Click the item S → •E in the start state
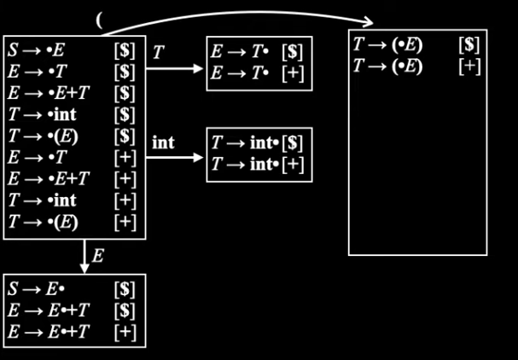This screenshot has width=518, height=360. (x=36, y=51)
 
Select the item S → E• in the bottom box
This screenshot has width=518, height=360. (x=36, y=289)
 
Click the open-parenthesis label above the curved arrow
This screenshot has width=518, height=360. (x=99, y=20)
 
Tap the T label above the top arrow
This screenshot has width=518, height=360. (x=159, y=52)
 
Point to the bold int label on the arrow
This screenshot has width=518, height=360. (x=163, y=142)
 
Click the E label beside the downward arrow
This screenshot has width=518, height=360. (x=98, y=256)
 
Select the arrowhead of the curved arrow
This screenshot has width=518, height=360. (x=368, y=22)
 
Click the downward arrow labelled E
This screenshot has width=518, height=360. (x=84, y=257)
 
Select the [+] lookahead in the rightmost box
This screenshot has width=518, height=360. (x=469, y=67)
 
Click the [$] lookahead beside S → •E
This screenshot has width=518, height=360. (x=125, y=51)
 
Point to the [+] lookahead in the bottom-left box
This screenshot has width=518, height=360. (x=125, y=332)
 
